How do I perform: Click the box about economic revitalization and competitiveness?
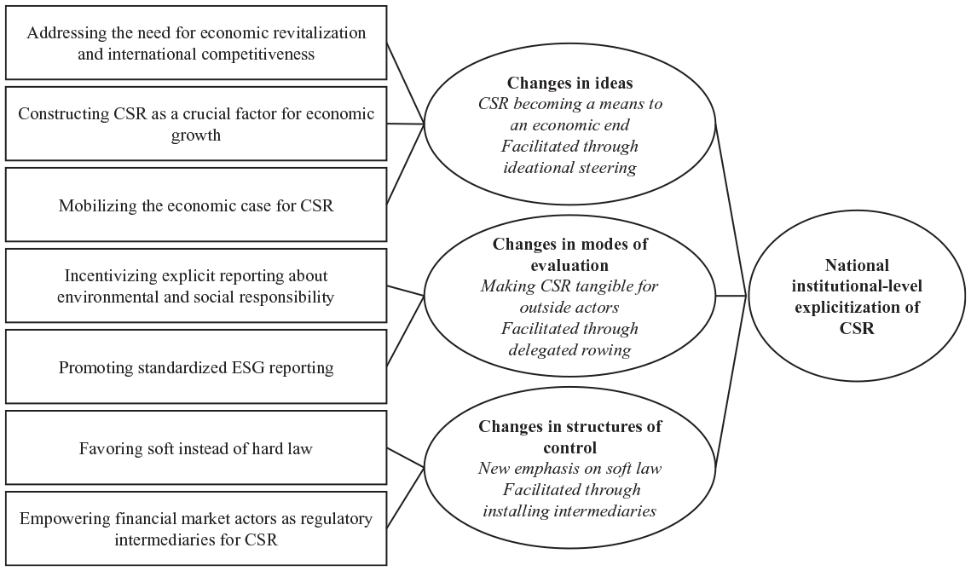(196, 43)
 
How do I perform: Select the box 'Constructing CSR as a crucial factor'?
(196, 124)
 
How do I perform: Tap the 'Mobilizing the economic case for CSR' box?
(196, 205)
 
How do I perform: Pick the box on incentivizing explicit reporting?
(196, 285)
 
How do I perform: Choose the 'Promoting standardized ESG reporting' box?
(196, 366)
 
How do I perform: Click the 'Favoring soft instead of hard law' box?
(196, 447)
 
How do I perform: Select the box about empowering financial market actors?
(196, 528)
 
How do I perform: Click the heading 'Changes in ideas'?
(569, 83)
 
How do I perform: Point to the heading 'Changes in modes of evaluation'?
(569, 255)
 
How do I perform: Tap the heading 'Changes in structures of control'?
(569, 436)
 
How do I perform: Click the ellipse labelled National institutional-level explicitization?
(857, 296)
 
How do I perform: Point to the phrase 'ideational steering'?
(569, 167)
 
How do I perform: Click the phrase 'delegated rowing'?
(569, 350)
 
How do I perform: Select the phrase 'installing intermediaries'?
(569, 511)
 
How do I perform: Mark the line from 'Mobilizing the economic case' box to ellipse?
(406, 164)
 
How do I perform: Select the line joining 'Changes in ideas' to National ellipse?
(731, 210)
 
